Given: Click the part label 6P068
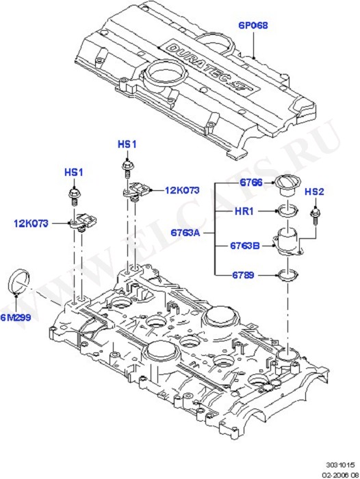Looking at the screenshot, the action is [x=253, y=25].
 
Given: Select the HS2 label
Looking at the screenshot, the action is [x=314, y=192].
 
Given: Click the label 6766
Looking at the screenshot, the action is [x=251, y=183].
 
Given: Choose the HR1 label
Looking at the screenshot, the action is [x=244, y=211].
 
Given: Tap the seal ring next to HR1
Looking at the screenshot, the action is [x=287, y=211].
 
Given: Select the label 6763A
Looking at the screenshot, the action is [x=185, y=233].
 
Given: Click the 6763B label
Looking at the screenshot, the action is [x=245, y=246].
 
